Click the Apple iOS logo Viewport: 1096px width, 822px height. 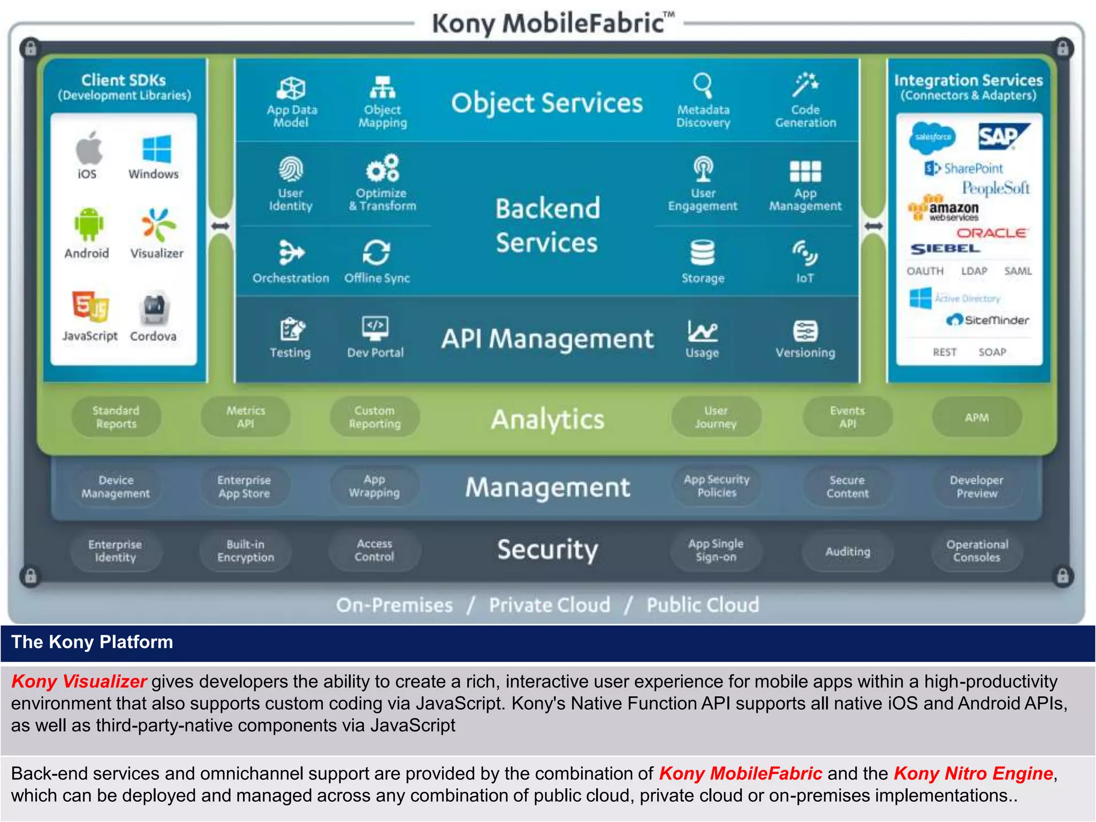click(89, 148)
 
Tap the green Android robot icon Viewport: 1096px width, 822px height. click(88, 224)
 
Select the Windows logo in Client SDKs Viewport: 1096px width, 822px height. click(157, 148)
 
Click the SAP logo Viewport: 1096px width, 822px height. click(1002, 137)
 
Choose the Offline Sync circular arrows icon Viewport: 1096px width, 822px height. click(377, 252)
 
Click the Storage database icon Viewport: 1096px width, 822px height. click(702, 253)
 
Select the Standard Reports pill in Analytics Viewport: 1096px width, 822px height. click(116, 417)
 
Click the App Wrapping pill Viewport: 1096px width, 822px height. click(375, 486)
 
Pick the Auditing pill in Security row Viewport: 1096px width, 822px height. click(847, 551)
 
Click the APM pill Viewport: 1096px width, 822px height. click(977, 417)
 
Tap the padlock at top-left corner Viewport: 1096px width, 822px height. click(31, 49)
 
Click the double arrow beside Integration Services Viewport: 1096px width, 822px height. click(873, 226)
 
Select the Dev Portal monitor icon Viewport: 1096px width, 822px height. click(375, 328)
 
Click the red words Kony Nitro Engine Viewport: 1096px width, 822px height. click(973, 773)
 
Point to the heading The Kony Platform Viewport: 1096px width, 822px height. click(92, 642)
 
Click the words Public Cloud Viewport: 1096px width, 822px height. click(702, 605)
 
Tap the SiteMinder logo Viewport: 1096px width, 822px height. click(988, 320)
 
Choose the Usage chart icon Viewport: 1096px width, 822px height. click(702, 331)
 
